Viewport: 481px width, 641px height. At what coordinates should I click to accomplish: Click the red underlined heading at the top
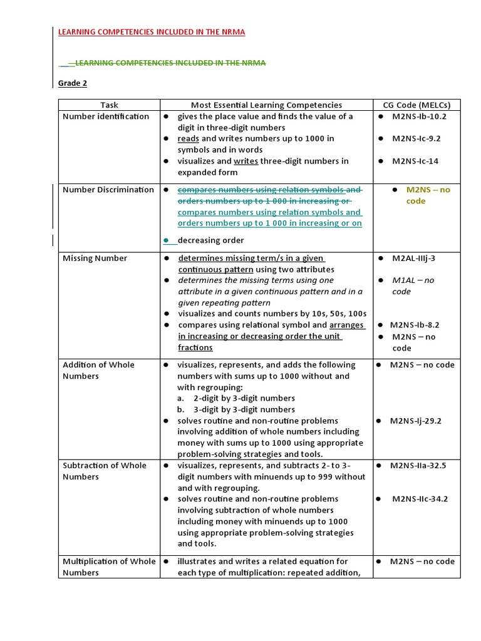[x=152, y=33]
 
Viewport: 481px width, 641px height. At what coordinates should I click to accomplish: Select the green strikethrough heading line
[x=169, y=63]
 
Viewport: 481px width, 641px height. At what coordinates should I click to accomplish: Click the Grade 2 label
[x=73, y=83]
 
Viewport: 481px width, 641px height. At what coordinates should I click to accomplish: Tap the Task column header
[x=109, y=105]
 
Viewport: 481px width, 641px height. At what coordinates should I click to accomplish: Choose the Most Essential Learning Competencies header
[x=266, y=105]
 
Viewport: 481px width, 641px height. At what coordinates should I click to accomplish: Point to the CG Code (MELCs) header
[x=416, y=105]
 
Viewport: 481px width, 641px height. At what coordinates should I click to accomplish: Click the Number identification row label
[x=106, y=116]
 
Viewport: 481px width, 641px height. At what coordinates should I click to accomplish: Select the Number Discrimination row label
[x=108, y=190]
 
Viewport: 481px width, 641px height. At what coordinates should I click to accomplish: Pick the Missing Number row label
[x=95, y=258]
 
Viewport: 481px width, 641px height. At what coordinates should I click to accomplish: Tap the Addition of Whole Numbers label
[x=98, y=370]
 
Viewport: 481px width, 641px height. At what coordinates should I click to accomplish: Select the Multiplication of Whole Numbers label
[x=109, y=567]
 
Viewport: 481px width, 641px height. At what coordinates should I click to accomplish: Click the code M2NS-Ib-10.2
[x=419, y=116]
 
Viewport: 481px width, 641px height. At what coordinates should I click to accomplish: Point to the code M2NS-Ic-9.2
[x=416, y=138]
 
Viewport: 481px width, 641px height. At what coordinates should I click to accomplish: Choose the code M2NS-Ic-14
[x=415, y=161]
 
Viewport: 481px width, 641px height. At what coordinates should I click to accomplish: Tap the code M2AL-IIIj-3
[x=414, y=258]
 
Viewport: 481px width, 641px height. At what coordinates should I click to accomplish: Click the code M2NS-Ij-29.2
[x=416, y=421]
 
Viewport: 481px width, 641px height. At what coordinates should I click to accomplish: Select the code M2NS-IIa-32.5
[x=418, y=465]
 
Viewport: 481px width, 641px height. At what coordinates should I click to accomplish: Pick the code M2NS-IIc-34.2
[x=420, y=499]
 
